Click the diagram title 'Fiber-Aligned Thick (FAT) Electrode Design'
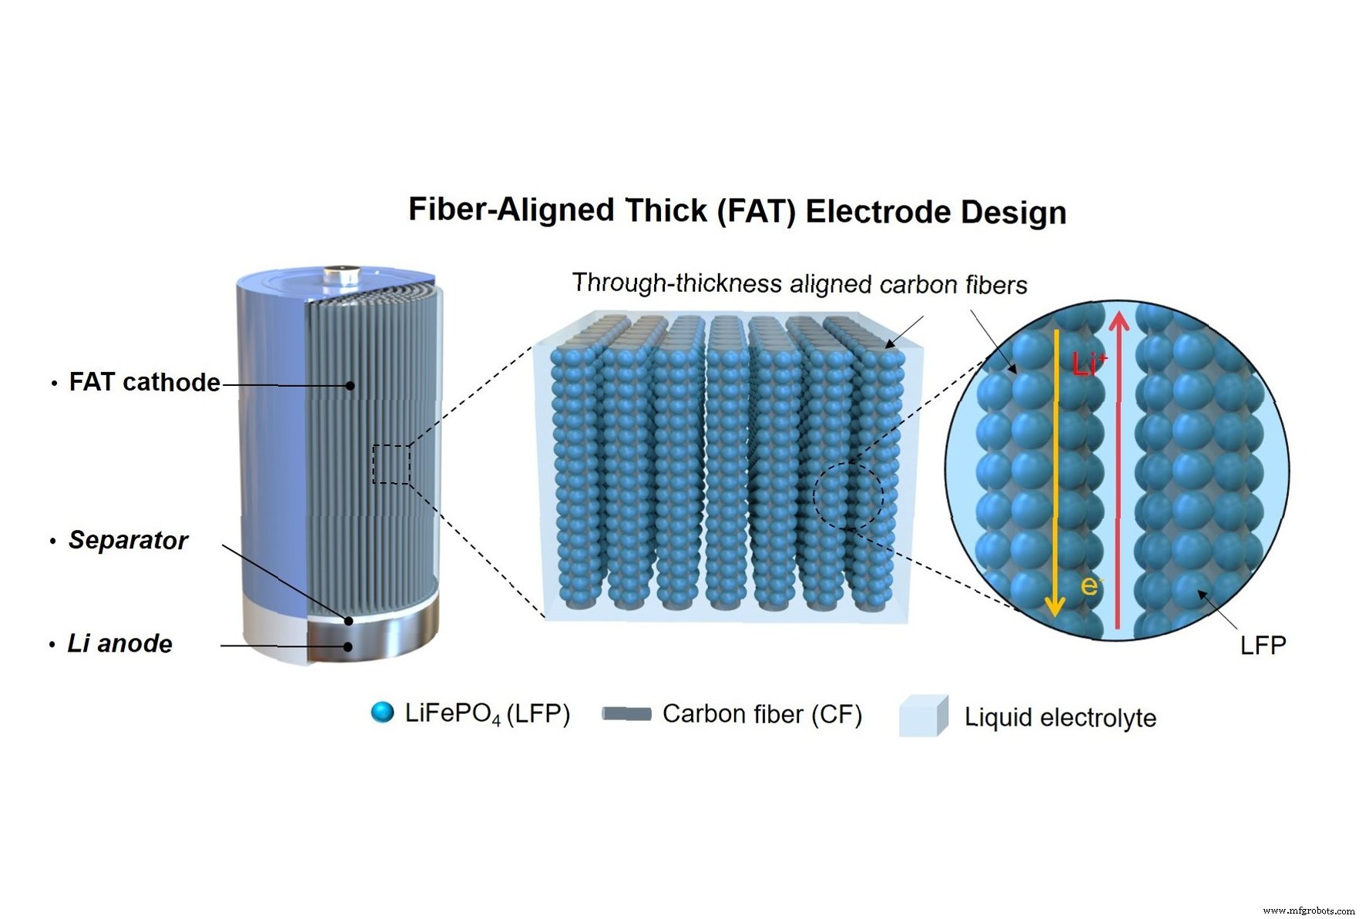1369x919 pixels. click(737, 210)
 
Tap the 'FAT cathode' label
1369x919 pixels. click(144, 382)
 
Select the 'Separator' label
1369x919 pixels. click(128, 540)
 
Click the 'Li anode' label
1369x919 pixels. click(119, 643)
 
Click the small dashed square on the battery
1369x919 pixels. click(391, 464)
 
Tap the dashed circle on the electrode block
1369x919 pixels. click(847, 496)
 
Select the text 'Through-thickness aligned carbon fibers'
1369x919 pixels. click(799, 283)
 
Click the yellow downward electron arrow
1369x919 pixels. click(1056, 470)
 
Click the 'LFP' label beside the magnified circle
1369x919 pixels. click(1263, 645)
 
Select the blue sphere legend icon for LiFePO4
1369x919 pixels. click(382, 713)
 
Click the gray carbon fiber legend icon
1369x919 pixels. click(626, 714)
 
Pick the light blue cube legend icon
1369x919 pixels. click(923, 716)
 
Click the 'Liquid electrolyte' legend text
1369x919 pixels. click(1060, 717)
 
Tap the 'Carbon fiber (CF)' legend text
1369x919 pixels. click(762, 714)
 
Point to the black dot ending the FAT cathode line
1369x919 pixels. click(350, 385)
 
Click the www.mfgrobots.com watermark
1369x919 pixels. click(1308, 911)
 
